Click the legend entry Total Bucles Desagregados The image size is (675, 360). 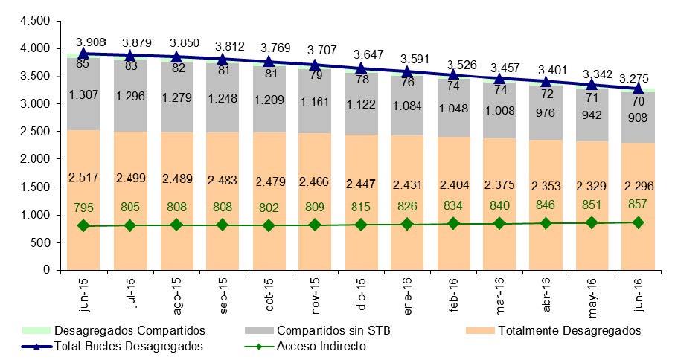128,346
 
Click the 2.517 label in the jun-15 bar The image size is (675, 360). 84,176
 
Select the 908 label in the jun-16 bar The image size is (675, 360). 639,117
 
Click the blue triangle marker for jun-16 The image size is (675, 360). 639,89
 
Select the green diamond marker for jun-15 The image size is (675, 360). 84,226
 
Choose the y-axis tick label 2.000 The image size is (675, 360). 28,159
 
